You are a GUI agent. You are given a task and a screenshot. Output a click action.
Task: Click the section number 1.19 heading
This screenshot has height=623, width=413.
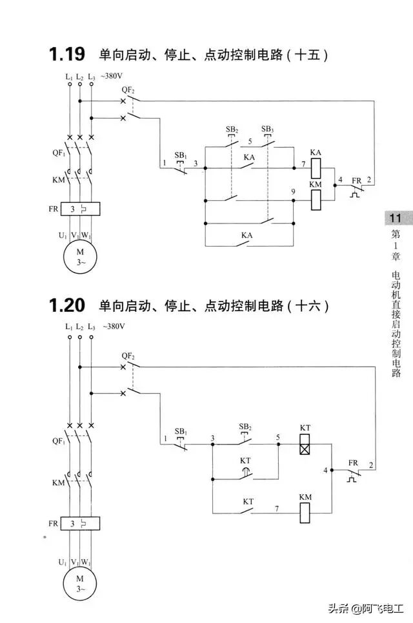(x=66, y=55)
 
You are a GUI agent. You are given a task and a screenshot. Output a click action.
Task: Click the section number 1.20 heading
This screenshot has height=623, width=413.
(x=66, y=305)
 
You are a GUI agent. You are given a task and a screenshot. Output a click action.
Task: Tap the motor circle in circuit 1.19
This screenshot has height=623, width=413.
(x=80, y=257)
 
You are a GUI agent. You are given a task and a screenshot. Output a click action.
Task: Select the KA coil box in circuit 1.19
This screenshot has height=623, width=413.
(x=316, y=168)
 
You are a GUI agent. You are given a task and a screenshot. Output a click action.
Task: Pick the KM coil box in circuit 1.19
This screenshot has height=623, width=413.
(x=316, y=200)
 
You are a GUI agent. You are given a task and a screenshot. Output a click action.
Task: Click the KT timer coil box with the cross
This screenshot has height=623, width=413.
(x=305, y=445)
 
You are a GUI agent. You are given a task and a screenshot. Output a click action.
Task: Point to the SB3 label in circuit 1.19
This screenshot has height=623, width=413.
(x=267, y=129)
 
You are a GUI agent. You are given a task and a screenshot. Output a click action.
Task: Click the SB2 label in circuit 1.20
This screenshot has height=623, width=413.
(x=245, y=427)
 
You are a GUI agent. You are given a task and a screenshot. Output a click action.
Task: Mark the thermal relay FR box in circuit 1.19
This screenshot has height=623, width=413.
(x=79, y=209)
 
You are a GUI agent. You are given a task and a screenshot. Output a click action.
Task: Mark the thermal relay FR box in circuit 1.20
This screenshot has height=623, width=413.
(x=79, y=523)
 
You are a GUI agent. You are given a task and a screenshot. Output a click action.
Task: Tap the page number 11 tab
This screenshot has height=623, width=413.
(x=395, y=218)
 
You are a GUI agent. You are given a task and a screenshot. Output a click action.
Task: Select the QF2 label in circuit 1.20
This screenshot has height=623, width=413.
(x=128, y=356)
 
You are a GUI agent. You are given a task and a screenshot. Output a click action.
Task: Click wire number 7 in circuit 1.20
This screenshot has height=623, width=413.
(x=276, y=509)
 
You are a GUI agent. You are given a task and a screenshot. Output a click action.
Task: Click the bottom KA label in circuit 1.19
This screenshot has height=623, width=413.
(x=247, y=236)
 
